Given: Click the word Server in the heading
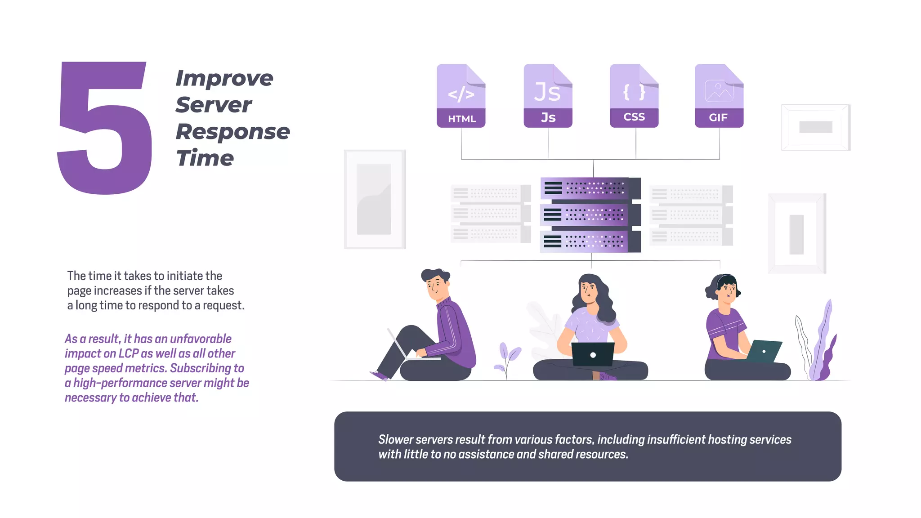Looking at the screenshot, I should coord(214,105).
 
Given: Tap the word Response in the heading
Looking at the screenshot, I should coord(232,132).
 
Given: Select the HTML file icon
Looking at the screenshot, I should coord(461,96).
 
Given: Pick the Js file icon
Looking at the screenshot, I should coord(548,96).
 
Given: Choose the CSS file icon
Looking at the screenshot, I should coord(634,96).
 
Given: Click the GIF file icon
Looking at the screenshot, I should coord(719,96).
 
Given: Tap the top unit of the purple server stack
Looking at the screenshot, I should coord(590,188).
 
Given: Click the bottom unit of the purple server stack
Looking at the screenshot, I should coord(590,241).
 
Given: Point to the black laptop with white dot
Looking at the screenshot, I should coord(593,354).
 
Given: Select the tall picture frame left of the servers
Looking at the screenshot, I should coord(375,199).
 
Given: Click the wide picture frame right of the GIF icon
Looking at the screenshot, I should coord(815,127).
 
